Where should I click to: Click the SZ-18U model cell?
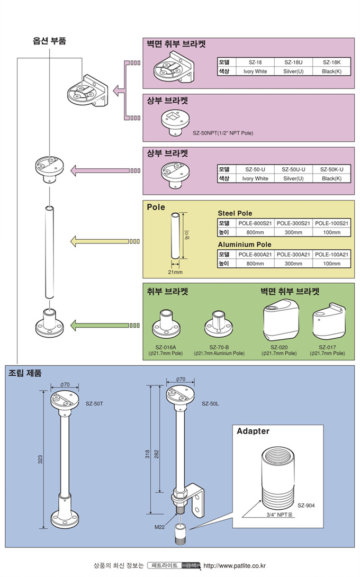[x=293, y=62]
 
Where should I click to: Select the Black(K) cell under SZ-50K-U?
[x=331, y=178]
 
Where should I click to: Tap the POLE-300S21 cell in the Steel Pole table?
[x=293, y=224]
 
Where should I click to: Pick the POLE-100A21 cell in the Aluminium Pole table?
[x=331, y=255]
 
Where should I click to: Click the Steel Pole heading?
[x=235, y=213]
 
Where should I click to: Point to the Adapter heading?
[x=253, y=431]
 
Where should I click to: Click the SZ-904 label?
[x=306, y=506]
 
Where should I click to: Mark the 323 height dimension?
[x=40, y=459]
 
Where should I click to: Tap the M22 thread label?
[x=159, y=527]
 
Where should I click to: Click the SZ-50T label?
[x=94, y=403]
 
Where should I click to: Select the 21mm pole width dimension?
[x=175, y=272]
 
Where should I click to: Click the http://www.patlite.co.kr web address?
[x=234, y=565]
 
